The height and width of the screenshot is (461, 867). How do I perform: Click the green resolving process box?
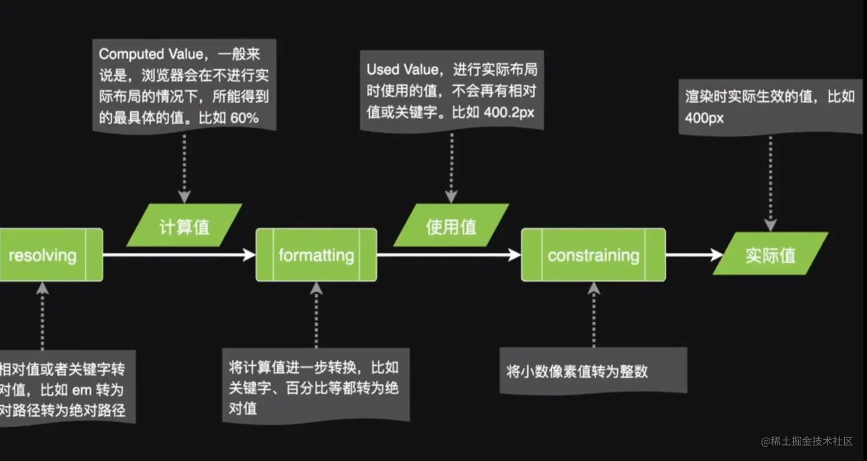(x=43, y=255)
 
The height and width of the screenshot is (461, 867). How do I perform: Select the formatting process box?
(x=316, y=255)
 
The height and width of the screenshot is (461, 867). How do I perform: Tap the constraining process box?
(x=593, y=255)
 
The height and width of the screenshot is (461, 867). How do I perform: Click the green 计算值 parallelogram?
(x=184, y=226)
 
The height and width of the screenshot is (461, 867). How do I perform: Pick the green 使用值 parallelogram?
(x=451, y=226)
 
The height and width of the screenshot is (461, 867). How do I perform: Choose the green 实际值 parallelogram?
(x=771, y=254)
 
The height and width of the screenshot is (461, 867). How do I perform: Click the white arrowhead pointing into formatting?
(x=249, y=255)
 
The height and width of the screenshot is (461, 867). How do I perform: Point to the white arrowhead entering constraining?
(x=515, y=255)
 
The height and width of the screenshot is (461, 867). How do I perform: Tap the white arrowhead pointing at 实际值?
(x=717, y=255)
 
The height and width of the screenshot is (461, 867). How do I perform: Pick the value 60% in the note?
(x=245, y=118)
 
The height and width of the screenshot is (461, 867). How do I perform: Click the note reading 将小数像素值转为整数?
(x=577, y=372)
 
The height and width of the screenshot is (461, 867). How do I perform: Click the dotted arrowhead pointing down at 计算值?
(x=184, y=197)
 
